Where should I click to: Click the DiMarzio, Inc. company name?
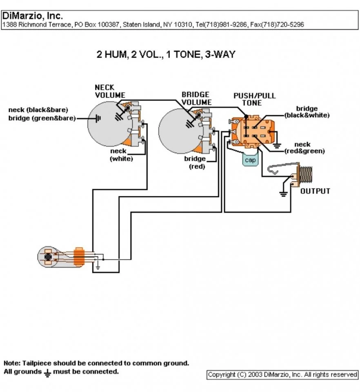[x=33, y=16]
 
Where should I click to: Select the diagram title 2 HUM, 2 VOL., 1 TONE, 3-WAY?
[x=166, y=54]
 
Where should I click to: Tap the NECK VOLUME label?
[x=110, y=91]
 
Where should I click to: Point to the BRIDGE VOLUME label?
[x=196, y=98]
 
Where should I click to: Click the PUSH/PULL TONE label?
[x=254, y=99]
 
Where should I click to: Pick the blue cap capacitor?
[x=250, y=160]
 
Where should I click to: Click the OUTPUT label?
[x=315, y=191]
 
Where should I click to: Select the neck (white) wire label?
[x=121, y=155]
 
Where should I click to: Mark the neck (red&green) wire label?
[x=304, y=148]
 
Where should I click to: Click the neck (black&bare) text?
[x=38, y=110]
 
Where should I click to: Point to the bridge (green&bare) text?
[x=42, y=118]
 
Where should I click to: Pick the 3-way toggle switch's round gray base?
[x=49, y=257]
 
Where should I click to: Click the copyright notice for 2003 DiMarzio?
[x=282, y=374]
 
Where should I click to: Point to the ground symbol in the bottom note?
[x=47, y=372]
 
